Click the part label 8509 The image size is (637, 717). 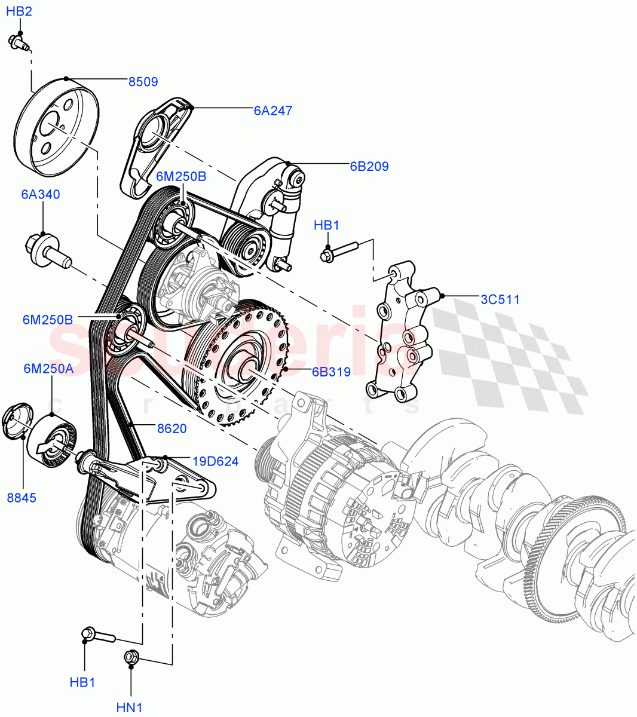pos(143,82)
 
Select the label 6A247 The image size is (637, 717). pos(272,111)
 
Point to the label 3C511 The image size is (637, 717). pos(500,299)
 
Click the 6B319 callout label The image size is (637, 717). pos(330,372)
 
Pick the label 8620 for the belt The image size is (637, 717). pos(171,428)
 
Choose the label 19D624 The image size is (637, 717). pos(215,461)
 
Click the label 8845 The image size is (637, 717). pos(22,497)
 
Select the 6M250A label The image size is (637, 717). pos(48,369)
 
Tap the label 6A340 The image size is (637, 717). pos(41,194)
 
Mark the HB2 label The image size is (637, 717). pos(19,11)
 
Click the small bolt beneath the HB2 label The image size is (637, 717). pos(19,42)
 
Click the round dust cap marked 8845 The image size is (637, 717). pos(17,422)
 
